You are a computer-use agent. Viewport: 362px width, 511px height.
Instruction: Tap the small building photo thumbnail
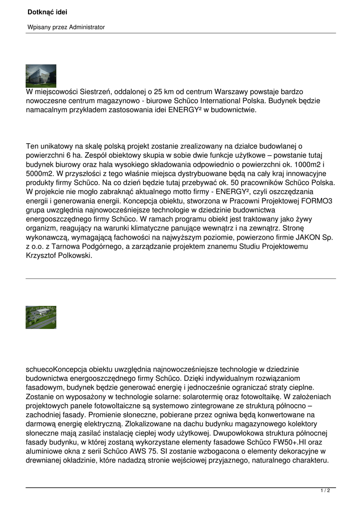pos(41,76)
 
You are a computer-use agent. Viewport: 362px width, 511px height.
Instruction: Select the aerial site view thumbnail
pos(41,317)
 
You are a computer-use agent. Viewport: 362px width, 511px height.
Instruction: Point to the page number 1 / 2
pos(325,491)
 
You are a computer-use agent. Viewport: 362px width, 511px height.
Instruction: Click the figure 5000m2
pos(41,174)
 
